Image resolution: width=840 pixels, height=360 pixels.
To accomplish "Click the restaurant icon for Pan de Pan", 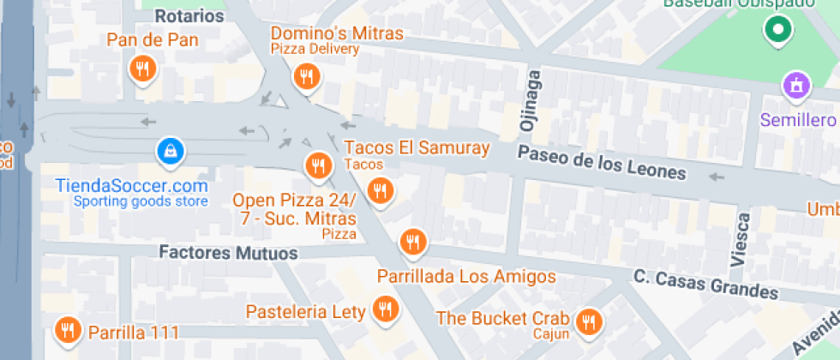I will point(142,69).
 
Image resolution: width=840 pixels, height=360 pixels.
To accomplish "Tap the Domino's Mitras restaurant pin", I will point(305,78).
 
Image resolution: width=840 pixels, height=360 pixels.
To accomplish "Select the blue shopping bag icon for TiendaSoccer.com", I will point(171,153).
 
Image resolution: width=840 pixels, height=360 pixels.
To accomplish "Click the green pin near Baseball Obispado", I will point(777,31).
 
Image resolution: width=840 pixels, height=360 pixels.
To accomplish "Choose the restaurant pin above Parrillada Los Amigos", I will point(413,242).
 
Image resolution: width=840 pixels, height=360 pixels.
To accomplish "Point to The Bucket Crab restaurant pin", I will point(588,321).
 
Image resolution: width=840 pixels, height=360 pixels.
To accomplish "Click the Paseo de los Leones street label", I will point(602,162).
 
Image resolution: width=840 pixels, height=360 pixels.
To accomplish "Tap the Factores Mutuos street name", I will point(229,254).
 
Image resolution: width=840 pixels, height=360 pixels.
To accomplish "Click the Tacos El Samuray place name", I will point(417,147).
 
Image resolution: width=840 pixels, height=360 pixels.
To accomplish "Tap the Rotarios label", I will point(189,15).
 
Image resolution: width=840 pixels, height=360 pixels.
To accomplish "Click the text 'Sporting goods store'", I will point(141,201).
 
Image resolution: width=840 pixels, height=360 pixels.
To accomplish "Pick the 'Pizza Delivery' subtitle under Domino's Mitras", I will point(315,49).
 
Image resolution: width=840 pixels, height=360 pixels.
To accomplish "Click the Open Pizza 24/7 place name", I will point(295,209).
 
